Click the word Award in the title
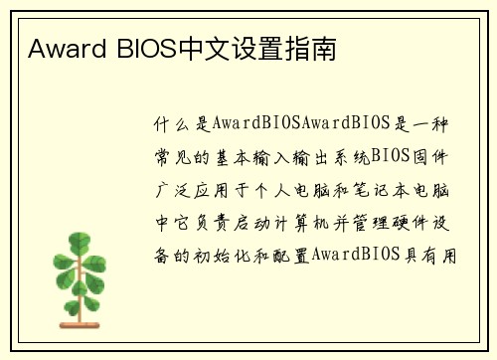(x=58, y=47)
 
